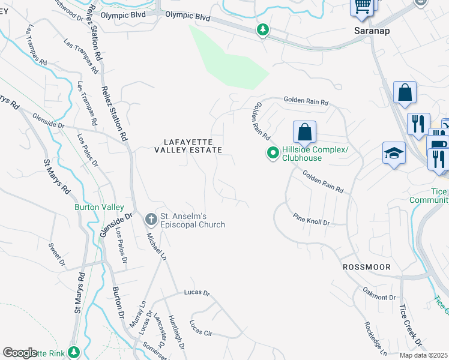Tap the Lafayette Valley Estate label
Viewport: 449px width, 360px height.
pyautogui.click(x=188, y=146)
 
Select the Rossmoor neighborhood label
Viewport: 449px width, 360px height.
pyautogui.click(x=366, y=266)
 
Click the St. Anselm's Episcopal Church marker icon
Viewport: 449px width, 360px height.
pyautogui.click(x=150, y=217)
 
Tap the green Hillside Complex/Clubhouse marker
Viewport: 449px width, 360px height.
pyautogui.click(x=273, y=154)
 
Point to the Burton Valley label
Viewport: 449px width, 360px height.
pyautogui.click(x=95, y=207)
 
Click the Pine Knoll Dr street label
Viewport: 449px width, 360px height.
pyautogui.click(x=311, y=219)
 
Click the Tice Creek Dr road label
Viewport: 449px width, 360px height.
pyautogui.click(x=411, y=326)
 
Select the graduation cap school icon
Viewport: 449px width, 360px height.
pyautogui.click(x=394, y=152)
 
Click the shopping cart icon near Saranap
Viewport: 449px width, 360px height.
pyautogui.click(x=362, y=6)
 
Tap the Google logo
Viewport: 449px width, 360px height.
pyautogui.click(x=20, y=353)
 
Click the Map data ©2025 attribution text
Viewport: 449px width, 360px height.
pyautogui.click(x=423, y=355)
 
